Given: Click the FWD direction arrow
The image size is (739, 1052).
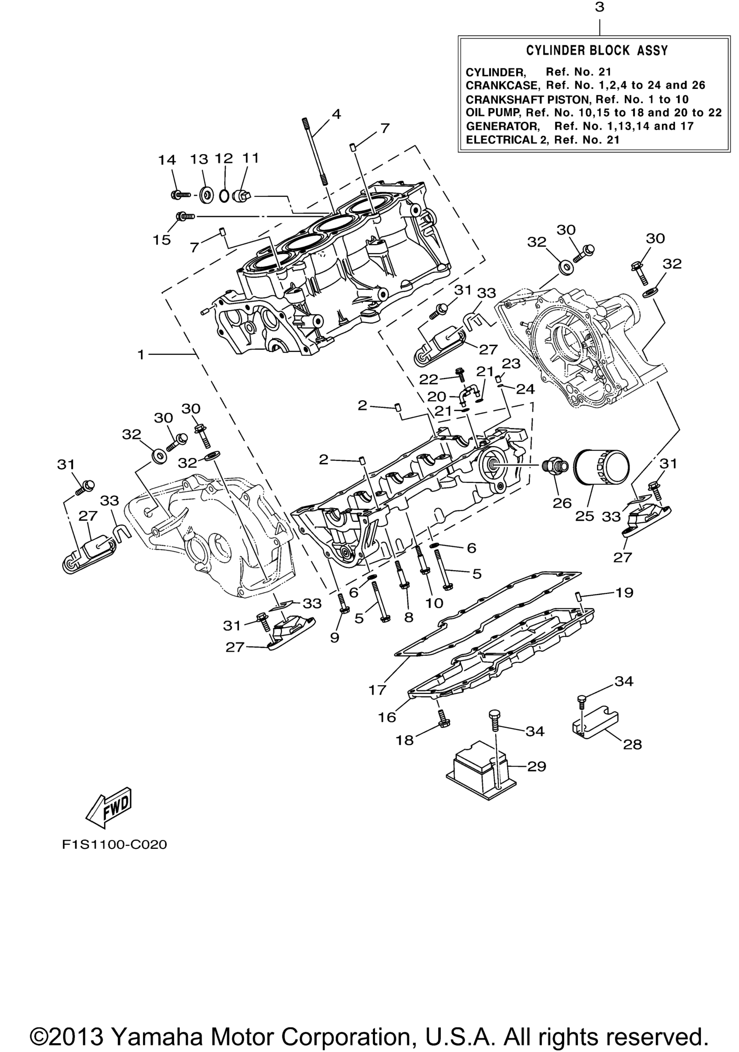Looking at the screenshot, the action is point(109,807).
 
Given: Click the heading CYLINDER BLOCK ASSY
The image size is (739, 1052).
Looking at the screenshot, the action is point(597,51).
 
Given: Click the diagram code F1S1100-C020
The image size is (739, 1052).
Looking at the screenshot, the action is point(114,844).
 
